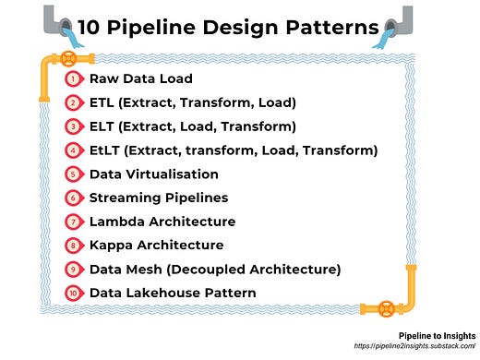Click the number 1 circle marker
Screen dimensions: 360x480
click(73, 78)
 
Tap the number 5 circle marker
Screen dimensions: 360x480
click(73, 174)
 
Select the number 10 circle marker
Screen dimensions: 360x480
click(73, 294)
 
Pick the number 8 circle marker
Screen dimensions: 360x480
click(73, 246)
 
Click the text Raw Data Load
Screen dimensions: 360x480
click(140, 78)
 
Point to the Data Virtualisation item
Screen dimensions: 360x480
click(153, 174)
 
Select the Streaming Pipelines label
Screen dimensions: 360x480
click(158, 198)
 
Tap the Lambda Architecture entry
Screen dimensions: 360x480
click(162, 222)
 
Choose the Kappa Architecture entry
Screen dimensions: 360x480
click(156, 246)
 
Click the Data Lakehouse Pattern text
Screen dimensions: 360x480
click(173, 294)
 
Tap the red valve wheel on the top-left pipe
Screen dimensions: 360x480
click(70, 56)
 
